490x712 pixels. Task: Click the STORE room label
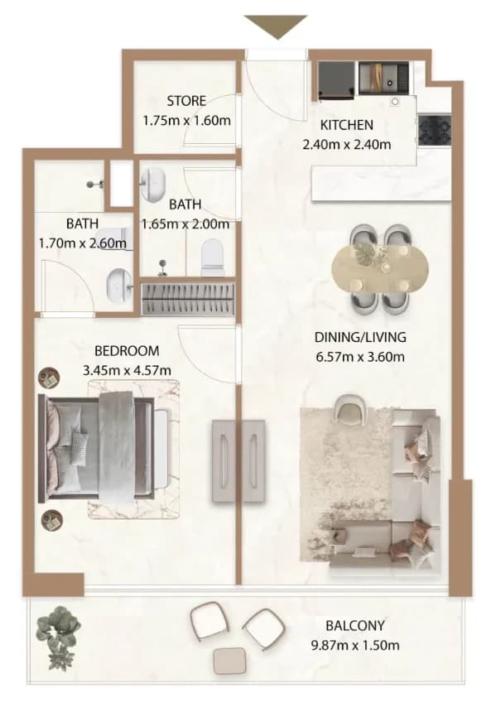(x=186, y=101)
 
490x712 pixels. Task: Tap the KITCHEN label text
(x=347, y=125)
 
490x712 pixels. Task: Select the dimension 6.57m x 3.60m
(x=360, y=357)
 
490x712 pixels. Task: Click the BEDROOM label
(x=127, y=351)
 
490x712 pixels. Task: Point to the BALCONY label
(x=355, y=626)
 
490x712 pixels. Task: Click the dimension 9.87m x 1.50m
(x=355, y=645)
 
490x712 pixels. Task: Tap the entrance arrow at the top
(x=276, y=27)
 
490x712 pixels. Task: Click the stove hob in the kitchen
(x=435, y=130)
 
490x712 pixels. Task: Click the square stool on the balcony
(x=230, y=660)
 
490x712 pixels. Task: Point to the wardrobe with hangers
(x=188, y=299)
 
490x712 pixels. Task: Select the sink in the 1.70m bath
(x=119, y=284)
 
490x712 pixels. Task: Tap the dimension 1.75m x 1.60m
(x=186, y=121)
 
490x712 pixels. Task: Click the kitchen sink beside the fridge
(x=383, y=78)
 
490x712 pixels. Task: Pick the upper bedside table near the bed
(x=49, y=378)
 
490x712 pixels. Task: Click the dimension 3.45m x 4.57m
(x=127, y=371)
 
